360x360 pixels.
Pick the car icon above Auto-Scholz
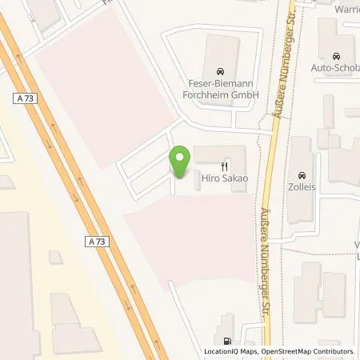pos(337,57)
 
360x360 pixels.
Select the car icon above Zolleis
pos(302,175)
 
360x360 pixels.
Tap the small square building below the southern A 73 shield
pos(56,258)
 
